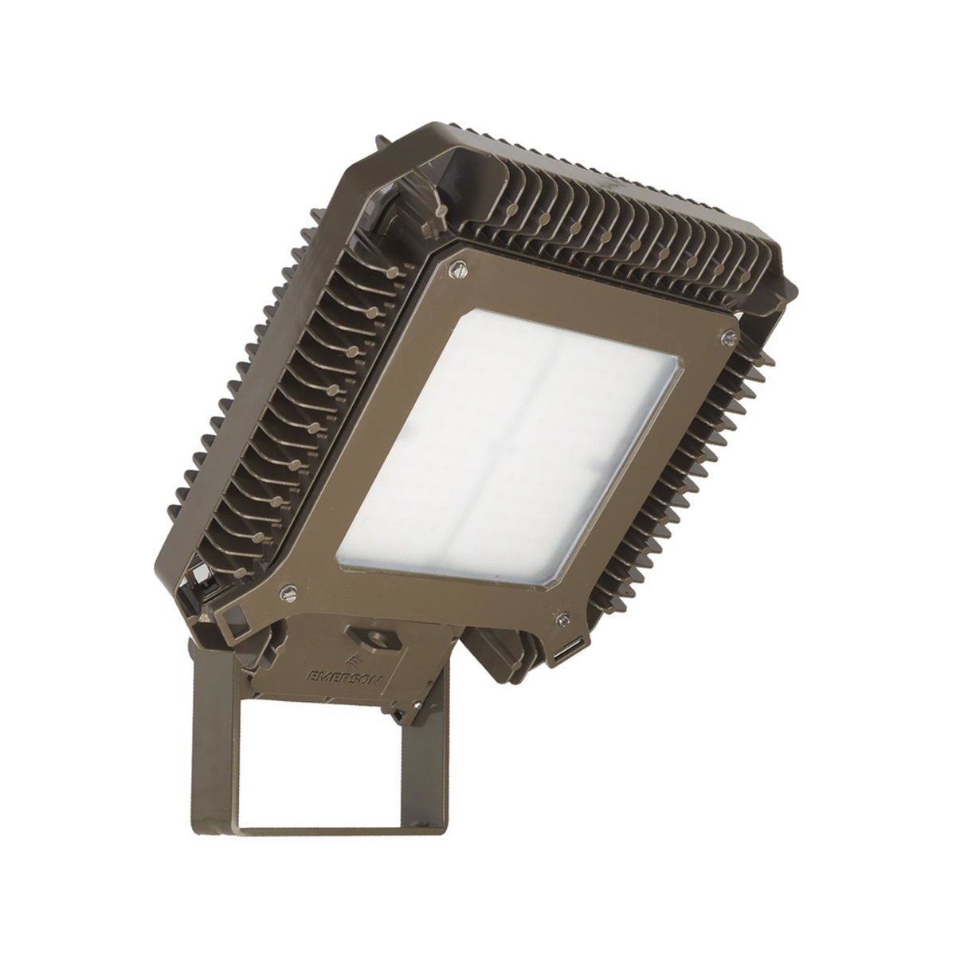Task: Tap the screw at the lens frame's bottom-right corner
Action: pyautogui.click(x=562, y=617)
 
